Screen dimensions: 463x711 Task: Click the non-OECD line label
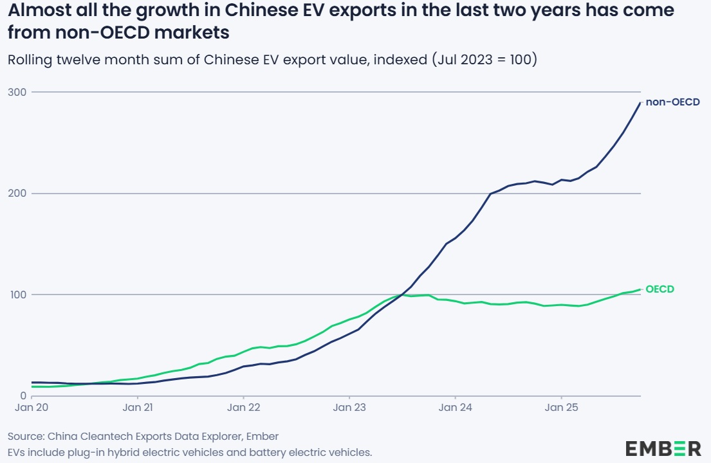coord(672,102)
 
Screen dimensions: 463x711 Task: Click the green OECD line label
coord(660,289)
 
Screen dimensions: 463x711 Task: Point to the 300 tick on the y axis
coord(17,92)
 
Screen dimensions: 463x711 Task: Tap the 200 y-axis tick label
coord(17,194)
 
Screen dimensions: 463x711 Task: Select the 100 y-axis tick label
coord(17,295)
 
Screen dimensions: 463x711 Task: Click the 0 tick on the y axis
coord(22,395)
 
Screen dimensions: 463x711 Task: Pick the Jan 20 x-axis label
coord(32,408)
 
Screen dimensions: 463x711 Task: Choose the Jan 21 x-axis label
coord(138,408)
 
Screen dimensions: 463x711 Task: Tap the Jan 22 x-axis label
coord(244,408)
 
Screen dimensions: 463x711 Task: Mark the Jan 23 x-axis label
coord(349,408)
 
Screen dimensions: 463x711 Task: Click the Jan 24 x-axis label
coord(456,408)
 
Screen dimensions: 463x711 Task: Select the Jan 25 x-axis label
coord(561,408)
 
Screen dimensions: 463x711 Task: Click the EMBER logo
coord(663,448)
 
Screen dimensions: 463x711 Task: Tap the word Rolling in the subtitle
coord(29,60)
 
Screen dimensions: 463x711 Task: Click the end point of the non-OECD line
coord(640,103)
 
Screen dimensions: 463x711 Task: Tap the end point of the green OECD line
coord(640,289)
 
